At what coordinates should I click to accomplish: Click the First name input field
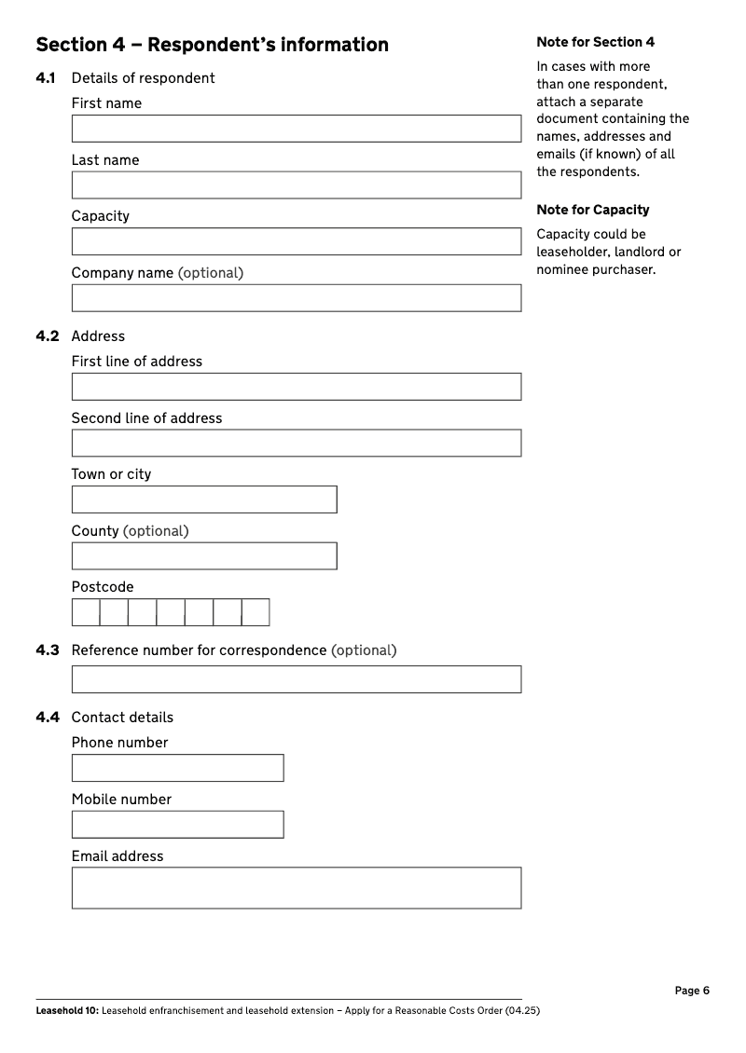coord(296,129)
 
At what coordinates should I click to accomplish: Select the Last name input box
coord(296,185)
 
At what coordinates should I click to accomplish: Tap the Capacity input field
coord(296,241)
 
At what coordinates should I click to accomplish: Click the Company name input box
coord(296,298)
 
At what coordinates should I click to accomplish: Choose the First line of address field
coord(296,387)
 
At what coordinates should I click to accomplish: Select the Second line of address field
coord(296,444)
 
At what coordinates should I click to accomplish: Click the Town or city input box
coord(204,499)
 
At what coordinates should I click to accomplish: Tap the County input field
coord(204,556)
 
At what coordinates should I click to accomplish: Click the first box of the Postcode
coord(86,612)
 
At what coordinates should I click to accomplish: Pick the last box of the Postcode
coord(256,612)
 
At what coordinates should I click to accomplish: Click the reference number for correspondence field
coord(296,679)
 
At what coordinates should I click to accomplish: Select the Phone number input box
coord(177,768)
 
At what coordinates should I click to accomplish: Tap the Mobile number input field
coord(177,825)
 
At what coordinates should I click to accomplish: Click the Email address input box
coord(296,888)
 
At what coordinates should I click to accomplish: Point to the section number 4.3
coord(48,650)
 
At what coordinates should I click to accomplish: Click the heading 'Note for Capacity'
coord(592,210)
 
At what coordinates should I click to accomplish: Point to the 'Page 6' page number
coord(692,991)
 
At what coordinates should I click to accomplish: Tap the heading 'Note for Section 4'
coord(595,42)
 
